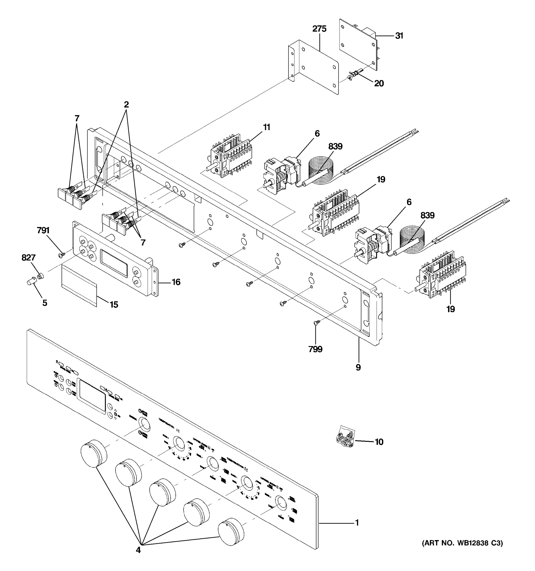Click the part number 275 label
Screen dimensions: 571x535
point(319,29)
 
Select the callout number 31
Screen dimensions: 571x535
point(399,36)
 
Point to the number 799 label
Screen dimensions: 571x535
point(315,349)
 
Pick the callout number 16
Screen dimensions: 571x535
point(176,282)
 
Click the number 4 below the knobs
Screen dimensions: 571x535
point(138,550)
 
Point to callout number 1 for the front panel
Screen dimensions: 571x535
point(357,523)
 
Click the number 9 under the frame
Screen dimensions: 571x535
point(358,367)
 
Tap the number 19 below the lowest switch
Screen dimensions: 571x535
point(450,309)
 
